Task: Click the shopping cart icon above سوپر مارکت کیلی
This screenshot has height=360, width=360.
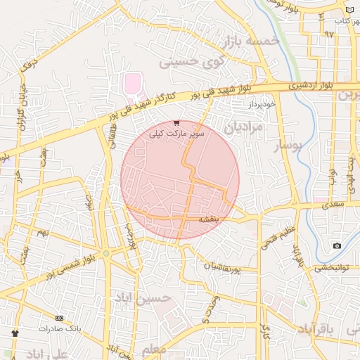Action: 176,122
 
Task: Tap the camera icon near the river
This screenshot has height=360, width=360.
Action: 337,245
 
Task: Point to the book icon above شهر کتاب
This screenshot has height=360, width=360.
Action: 351,11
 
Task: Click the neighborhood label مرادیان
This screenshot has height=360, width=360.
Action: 243,127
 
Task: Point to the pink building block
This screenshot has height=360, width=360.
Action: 132,84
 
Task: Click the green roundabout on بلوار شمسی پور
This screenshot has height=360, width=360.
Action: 105,254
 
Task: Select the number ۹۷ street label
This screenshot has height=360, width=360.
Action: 329,34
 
